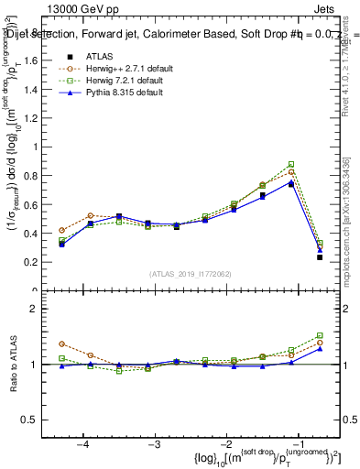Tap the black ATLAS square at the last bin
pyautogui.click(x=320, y=257)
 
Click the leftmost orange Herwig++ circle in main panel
pyautogui.click(x=61, y=230)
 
